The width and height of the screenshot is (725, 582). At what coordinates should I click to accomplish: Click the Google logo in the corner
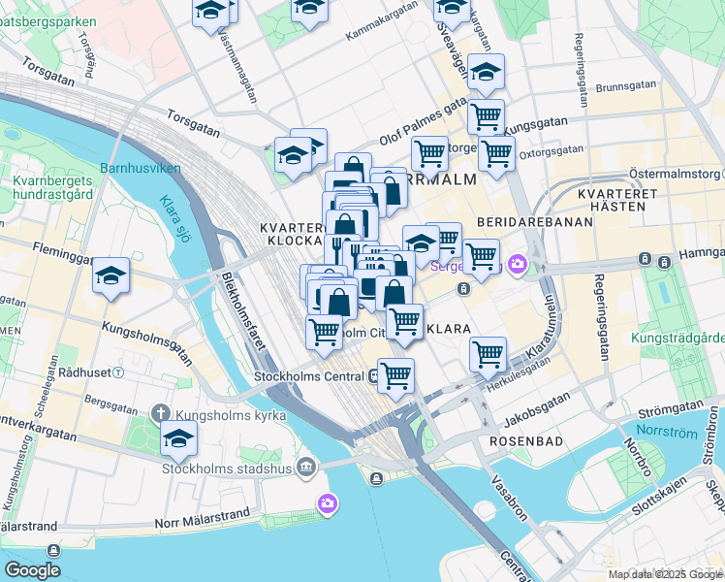coord(32,570)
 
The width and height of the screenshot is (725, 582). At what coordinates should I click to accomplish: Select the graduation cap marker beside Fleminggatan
coord(111,277)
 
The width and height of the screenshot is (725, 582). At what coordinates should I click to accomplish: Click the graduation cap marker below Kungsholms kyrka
coord(178,441)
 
